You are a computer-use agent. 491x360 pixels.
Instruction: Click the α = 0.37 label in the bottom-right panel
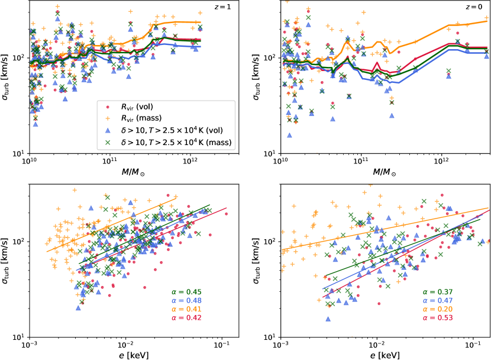[437, 291]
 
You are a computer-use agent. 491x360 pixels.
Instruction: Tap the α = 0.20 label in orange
[437, 309]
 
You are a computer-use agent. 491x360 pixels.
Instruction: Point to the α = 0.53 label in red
[437, 318]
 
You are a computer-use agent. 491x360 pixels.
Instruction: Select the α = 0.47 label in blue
[437, 300]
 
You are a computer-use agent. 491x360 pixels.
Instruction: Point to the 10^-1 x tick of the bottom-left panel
[222, 344]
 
